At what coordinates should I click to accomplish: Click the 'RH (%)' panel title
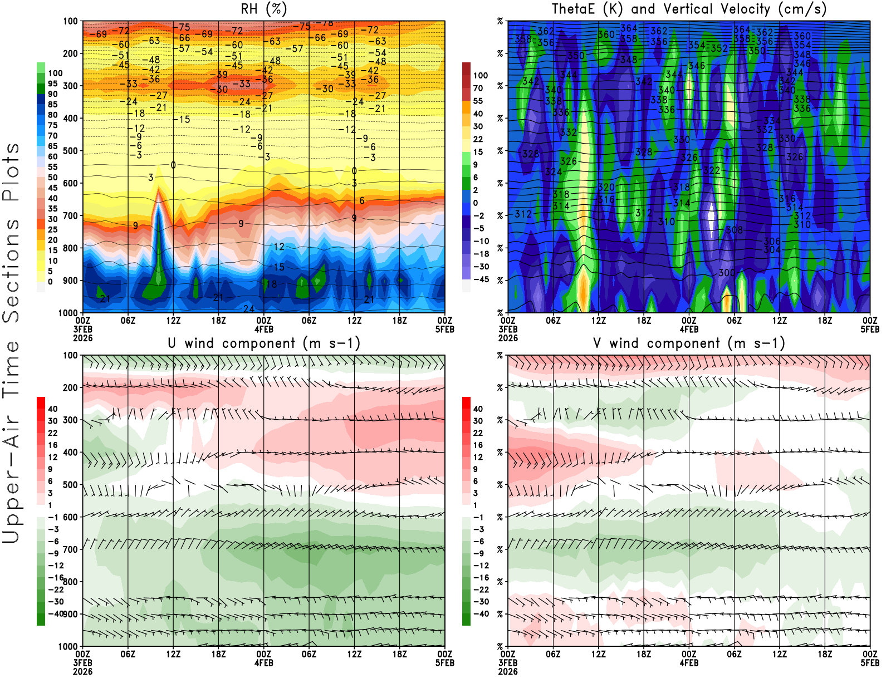tap(264, 9)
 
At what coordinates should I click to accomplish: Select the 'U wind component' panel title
tap(264, 343)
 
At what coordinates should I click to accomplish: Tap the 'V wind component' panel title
tap(689, 343)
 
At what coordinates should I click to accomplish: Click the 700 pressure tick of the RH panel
tap(70, 215)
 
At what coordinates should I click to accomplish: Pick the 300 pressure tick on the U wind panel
tap(70, 420)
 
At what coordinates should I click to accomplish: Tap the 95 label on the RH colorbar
tap(52, 83)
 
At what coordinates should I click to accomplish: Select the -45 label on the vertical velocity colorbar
tap(481, 279)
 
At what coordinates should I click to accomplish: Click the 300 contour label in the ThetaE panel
tap(727, 273)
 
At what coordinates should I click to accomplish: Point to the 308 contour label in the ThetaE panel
tap(735, 230)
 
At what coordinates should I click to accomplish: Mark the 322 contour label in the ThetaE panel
tap(712, 170)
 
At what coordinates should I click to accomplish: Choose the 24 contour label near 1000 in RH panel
tap(248, 309)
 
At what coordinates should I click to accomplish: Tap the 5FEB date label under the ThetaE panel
tap(870, 329)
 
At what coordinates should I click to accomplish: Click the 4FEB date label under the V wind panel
tap(689, 663)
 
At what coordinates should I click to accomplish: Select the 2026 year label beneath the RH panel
tap(82, 338)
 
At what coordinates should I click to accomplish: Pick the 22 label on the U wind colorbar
tap(52, 433)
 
